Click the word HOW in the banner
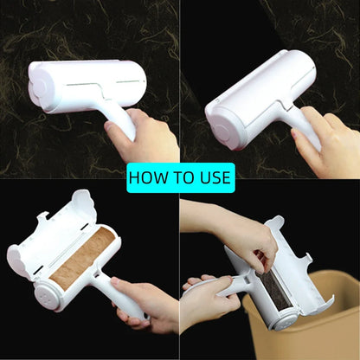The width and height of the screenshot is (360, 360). (149, 177)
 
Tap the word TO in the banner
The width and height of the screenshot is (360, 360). (183, 177)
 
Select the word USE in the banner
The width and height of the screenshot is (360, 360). (215, 177)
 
